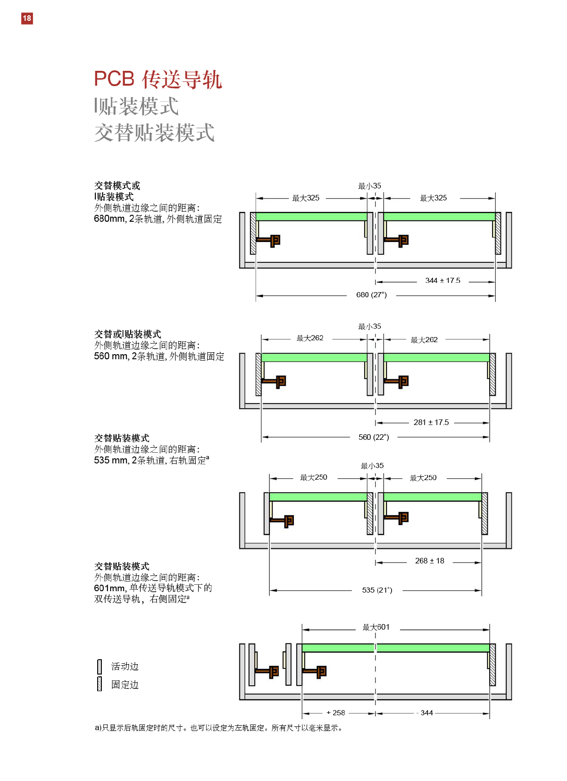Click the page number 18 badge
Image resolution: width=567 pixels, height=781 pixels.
pos(27,18)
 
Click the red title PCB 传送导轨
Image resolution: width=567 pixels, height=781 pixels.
pos(158,79)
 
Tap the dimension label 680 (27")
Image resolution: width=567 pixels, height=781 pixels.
pos(371,295)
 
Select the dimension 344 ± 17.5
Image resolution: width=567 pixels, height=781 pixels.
pos(442,281)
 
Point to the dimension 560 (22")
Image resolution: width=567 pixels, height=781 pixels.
pos(374,437)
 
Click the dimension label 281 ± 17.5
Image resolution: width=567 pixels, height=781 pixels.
pos(431,422)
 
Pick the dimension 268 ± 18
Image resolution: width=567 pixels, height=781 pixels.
pos(430,561)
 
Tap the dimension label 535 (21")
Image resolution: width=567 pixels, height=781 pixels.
pos(377,590)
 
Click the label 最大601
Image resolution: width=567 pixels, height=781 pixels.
pos(376,627)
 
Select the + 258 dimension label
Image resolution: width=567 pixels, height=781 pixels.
pos(336,713)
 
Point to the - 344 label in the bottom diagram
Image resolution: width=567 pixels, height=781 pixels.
pos(425,713)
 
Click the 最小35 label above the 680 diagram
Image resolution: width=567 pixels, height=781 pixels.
pos(369,186)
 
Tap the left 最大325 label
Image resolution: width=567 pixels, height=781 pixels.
pos(305,198)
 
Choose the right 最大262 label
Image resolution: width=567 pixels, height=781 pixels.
pos(424,340)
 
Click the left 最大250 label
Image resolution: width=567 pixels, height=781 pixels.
pos(313,477)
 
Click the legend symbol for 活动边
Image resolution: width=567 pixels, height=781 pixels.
pos(100,667)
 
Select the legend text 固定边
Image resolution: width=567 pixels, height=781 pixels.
pos(125,685)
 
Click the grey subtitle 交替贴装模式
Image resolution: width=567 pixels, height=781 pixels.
pos(155,133)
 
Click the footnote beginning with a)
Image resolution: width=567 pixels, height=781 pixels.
pos(218,728)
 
